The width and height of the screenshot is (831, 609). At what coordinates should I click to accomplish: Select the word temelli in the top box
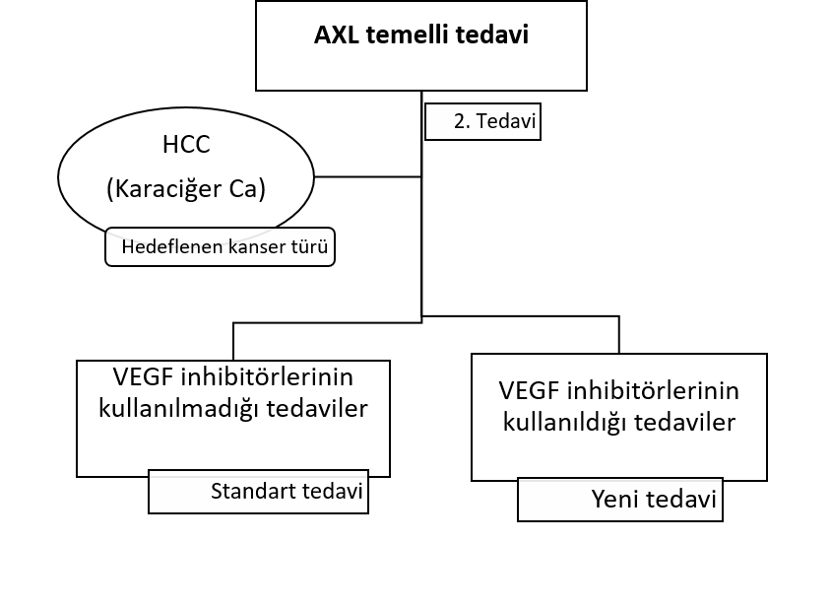point(408,35)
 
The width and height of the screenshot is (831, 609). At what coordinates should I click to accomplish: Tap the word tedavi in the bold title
point(492,35)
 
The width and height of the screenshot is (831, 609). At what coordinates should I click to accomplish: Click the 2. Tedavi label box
point(482,121)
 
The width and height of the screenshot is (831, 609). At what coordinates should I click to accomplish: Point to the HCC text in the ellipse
point(186,144)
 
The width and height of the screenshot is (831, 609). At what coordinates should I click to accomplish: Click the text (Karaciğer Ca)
point(186,189)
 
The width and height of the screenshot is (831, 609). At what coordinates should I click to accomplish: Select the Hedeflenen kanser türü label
point(220,246)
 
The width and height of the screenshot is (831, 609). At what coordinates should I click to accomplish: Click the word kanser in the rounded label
point(251,246)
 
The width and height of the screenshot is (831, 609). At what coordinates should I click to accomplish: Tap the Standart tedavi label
point(258,491)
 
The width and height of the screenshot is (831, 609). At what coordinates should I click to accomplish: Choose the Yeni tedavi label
point(620,500)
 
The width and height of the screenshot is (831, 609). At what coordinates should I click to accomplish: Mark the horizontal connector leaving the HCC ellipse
point(368,176)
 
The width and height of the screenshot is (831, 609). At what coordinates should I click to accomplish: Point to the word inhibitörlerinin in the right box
point(653,391)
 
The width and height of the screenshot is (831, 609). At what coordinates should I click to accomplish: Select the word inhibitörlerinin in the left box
point(267,377)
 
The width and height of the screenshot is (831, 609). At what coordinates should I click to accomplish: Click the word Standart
point(246,491)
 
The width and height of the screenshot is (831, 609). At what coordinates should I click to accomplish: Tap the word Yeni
point(613,500)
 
